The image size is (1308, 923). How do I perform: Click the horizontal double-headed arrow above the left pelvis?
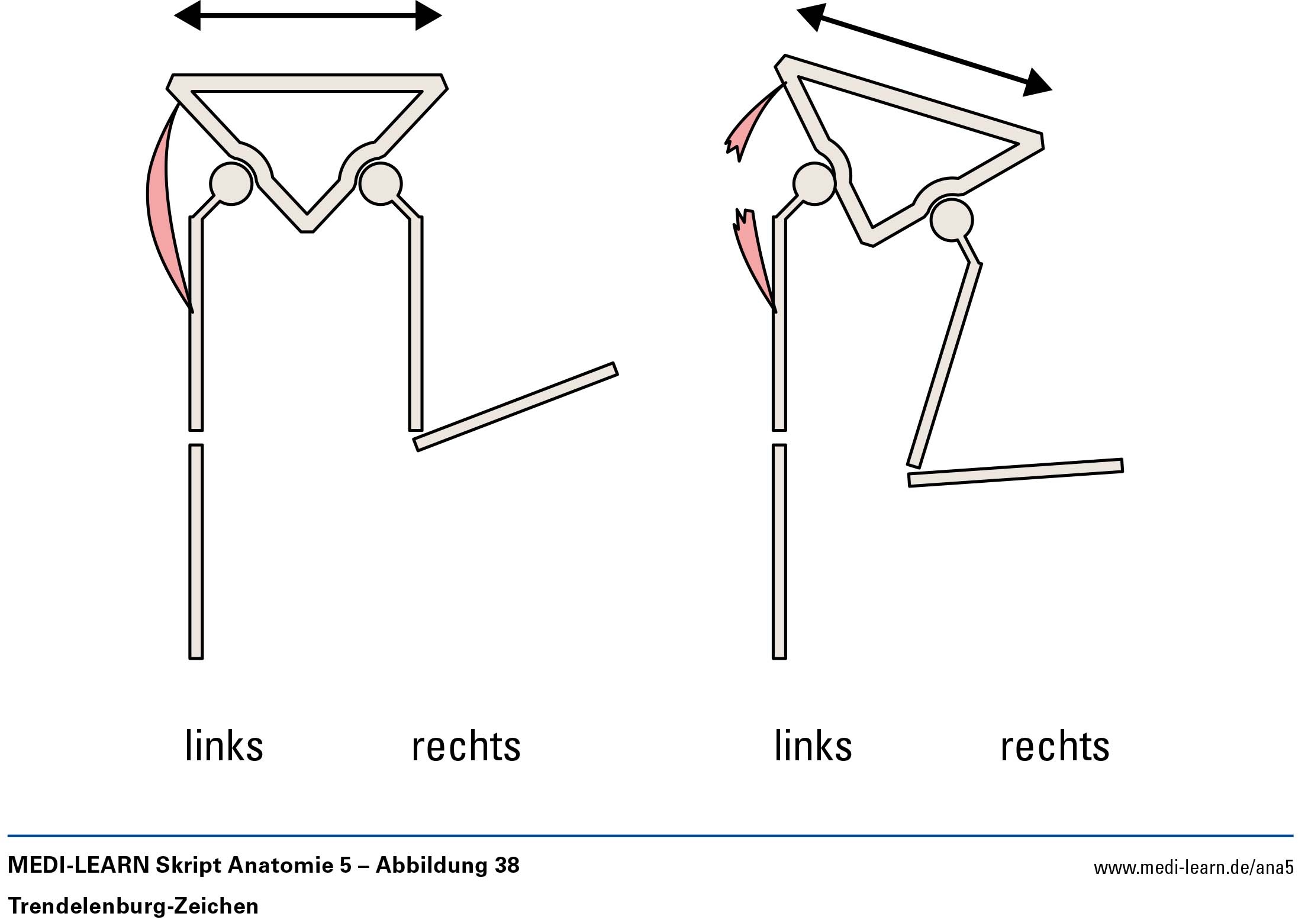click(308, 16)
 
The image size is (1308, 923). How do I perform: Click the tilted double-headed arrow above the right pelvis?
click(924, 50)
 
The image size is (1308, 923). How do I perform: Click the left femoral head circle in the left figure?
click(231, 183)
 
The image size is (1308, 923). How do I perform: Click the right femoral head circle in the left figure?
click(381, 183)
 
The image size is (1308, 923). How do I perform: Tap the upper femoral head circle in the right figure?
click(814, 184)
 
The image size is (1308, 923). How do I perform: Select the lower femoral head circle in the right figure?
click(951, 220)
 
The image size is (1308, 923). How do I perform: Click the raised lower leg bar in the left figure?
click(516, 406)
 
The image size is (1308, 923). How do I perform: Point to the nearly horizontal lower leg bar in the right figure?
click(1016, 473)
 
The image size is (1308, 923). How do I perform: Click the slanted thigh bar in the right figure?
click(945, 364)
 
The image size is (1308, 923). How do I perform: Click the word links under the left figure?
click(224, 746)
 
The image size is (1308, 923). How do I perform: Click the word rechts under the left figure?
click(466, 747)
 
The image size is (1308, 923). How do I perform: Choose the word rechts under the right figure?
click(1055, 747)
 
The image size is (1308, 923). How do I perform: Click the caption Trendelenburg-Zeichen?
click(133, 906)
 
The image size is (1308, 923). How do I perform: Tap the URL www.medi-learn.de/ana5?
click(1193, 868)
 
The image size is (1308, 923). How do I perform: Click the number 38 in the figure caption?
click(507, 865)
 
